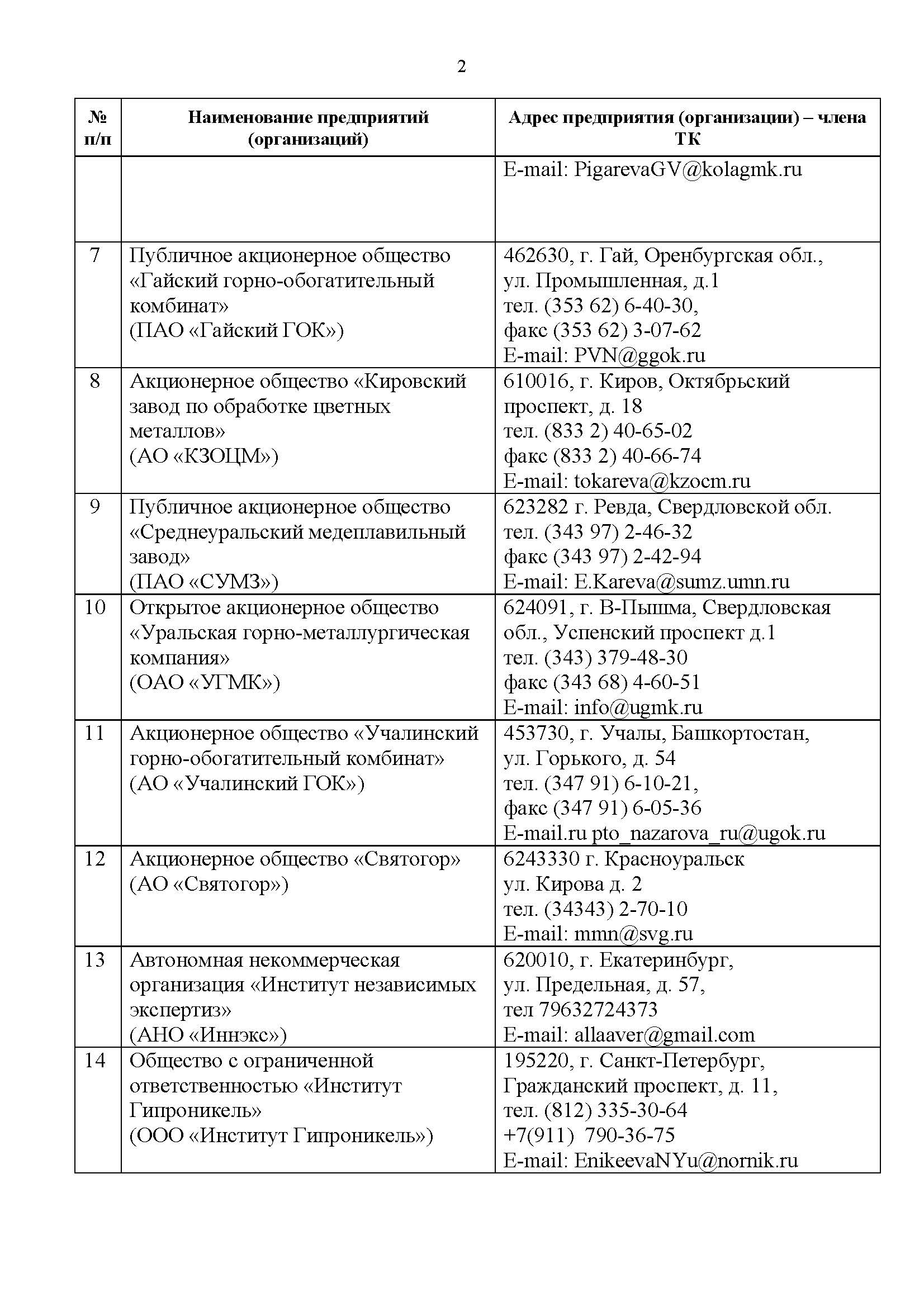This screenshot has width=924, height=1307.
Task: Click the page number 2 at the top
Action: pos(461,67)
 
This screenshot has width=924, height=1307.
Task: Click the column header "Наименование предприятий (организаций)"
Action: pos(308,127)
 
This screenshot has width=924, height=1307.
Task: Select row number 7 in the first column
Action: pos(95,255)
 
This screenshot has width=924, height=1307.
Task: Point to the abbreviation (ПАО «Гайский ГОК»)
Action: pos(236,330)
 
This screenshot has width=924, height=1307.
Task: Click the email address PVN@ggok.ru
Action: pos(639,355)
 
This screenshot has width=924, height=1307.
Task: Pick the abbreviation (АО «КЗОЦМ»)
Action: pos(204,456)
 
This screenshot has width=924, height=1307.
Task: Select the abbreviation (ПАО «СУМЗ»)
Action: pos(204,581)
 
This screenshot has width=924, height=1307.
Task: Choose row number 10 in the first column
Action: pos(95,607)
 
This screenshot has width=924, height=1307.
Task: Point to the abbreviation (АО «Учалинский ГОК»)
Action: pos(247,783)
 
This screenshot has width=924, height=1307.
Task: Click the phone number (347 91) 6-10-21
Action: pos(621,783)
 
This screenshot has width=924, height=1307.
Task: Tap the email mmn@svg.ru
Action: pos(633,934)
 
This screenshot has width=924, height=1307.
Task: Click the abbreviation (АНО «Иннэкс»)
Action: pos(209,1034)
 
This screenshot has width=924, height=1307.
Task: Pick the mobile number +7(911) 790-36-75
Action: pos(589,1135)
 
